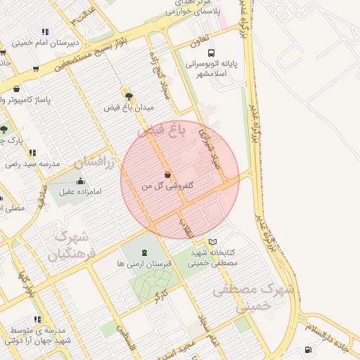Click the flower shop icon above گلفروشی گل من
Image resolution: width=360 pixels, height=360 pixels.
(167, 174)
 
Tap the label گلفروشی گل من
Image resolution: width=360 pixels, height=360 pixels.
(167, 186)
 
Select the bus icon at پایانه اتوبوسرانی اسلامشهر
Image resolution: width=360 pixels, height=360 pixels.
(210, 53)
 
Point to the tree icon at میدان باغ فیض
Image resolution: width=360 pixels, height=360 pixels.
(128, 95)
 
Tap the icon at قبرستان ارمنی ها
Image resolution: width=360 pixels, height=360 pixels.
(145, 252)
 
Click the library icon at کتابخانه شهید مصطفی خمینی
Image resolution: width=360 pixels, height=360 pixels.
(213, 241)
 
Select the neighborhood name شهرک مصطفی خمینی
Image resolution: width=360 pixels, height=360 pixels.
(255, 298)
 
